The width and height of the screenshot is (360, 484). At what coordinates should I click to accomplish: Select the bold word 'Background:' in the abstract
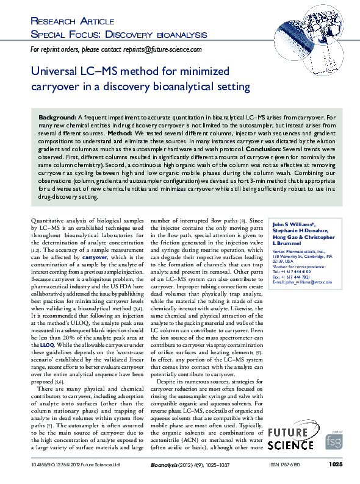pos(57,116)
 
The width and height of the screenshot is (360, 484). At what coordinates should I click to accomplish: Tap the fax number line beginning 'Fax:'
pos(292,277)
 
